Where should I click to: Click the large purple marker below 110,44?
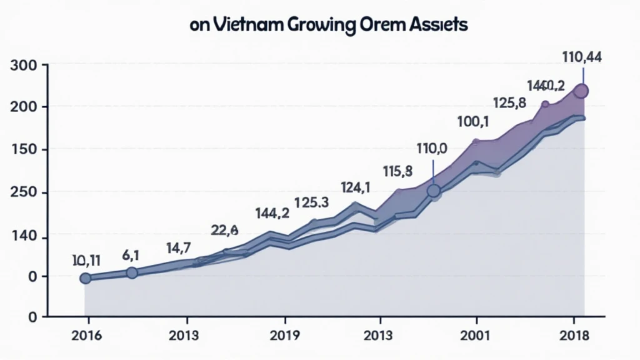point(581,91)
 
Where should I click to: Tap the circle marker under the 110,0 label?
point(434,191)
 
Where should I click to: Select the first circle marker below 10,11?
point(86,278)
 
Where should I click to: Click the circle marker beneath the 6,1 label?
point(132,273)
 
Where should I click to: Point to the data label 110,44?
point(582,57)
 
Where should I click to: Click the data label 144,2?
point(272,213)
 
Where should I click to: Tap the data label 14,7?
point(182,247)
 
